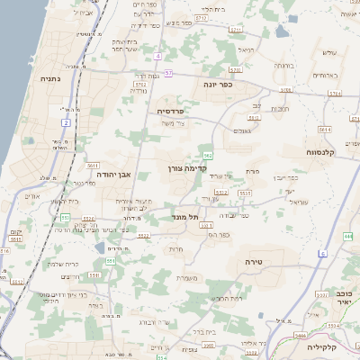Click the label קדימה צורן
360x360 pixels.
(x=187, y=167)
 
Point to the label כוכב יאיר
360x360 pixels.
(x=344, y=298)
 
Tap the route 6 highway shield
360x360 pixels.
(x=322, y=255)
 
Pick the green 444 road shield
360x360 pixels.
(x=347, y=235)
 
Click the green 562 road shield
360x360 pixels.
(x=208, y=157)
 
